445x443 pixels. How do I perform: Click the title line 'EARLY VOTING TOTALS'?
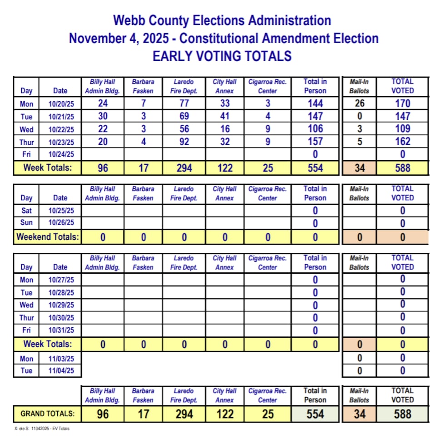[x=222, y=56]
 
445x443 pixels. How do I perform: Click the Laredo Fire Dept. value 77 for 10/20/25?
[x=184, y=103]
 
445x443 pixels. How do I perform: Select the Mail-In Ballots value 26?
[x=359, y=103]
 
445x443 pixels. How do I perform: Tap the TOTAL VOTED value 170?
[x=402, y=103]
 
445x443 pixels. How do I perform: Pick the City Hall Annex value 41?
[x=225, y=116]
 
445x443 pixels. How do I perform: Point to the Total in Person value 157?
[x=315, y=142]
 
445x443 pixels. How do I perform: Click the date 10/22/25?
[x=61, y=129]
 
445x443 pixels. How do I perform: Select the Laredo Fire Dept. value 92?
[x=184, y=142]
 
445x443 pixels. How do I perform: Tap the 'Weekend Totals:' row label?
[x=48, y=237]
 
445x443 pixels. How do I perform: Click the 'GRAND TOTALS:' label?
[x=48, y=414]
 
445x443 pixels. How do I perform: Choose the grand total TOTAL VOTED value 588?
[x=402, y=414]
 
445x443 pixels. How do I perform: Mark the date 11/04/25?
[x=61, y=371]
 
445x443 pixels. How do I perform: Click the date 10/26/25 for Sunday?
[x=61, y=223]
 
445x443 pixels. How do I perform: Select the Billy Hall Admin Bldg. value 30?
[x=103, y=116]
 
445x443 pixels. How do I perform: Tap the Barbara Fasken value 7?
[x=143, y=103]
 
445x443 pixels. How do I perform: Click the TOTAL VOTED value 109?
[x=402, y=129]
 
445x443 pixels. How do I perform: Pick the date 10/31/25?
[x=61, y=330]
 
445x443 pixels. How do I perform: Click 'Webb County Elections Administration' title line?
[x=222, y=20]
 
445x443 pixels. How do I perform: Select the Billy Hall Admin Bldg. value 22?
[x=103, y=129]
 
